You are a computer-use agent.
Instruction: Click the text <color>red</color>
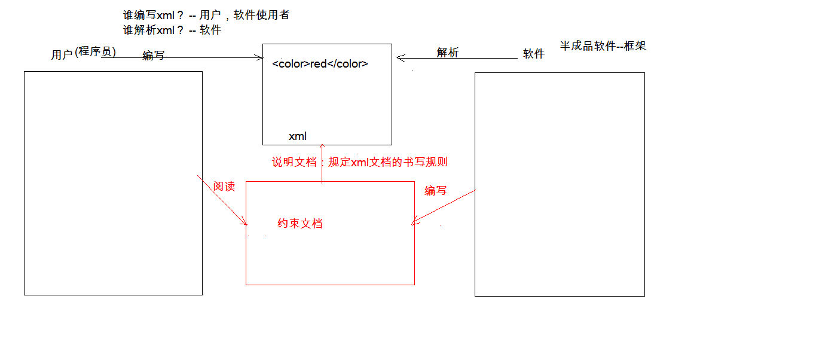pos(320,64)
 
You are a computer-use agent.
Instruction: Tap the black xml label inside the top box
pos(298,136)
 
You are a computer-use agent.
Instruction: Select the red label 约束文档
pos(300,224)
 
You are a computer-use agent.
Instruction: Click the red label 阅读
pos(224,187)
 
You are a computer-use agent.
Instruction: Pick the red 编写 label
pos(436,191)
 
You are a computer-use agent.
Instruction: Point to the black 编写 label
pos(154,56)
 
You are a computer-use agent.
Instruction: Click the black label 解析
pos(448,53)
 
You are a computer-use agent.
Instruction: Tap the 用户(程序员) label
pos(84,54)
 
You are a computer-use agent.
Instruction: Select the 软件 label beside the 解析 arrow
pos(534,54)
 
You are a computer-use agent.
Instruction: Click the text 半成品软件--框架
pos(603,46)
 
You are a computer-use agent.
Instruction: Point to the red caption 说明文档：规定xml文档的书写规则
pos(360,162)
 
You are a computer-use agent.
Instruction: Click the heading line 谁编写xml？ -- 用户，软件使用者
pos(206,16)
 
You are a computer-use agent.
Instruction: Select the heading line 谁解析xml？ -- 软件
pos(172,30)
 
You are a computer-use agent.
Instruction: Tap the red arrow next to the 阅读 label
pos(222,200)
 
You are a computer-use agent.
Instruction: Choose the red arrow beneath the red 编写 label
pos(444,208)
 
